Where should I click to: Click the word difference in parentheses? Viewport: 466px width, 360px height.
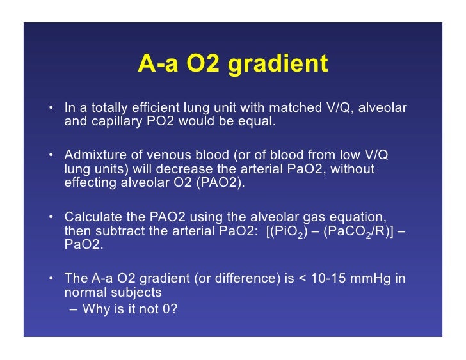[x=254, y=279]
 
